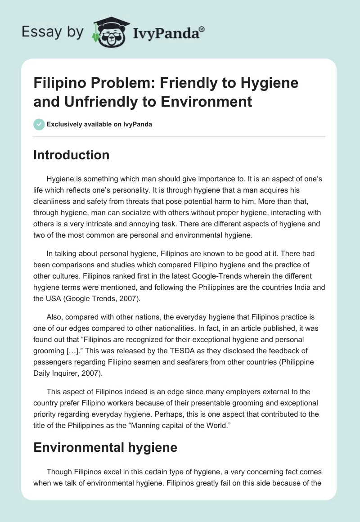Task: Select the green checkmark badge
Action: (39, 124)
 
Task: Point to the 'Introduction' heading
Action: (71, 155)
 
